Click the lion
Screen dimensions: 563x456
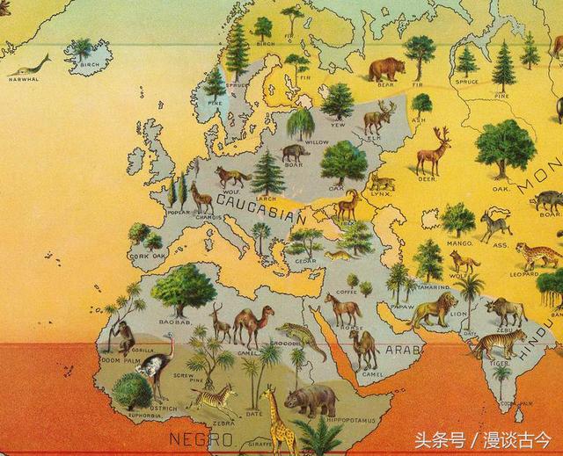(x=435, y=309)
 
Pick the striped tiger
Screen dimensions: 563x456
(x=497, y=342)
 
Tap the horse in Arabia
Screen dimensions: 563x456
(x=342, y=308)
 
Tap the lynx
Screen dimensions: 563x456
(x=382, y=182)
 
